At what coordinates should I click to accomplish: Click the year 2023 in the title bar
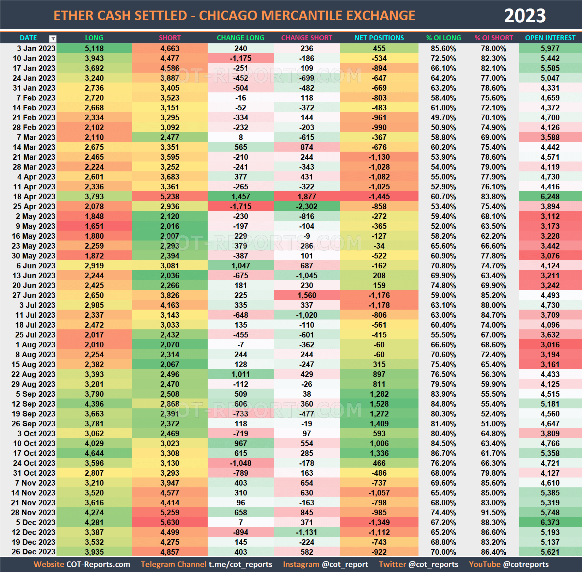524,16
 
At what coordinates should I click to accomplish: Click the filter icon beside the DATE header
53,38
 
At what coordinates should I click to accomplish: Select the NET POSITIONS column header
379,38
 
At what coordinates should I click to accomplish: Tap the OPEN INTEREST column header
550,38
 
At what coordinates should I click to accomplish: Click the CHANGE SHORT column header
307,38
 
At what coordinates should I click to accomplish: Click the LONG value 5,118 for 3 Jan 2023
94,48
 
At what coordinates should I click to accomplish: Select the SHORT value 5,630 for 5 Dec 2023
170,522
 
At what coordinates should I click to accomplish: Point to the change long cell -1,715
240,206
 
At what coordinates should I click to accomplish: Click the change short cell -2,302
307,206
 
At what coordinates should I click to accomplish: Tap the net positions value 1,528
379,404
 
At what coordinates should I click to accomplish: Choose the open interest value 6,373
550,522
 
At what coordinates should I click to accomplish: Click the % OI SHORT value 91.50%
493,512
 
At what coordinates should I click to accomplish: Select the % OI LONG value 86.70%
443,453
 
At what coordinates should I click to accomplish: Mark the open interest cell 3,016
550,345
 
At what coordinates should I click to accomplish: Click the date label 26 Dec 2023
34,552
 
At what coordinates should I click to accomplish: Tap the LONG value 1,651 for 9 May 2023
94,226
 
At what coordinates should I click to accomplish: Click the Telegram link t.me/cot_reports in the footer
240,564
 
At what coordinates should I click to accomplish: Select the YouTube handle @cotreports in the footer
526,564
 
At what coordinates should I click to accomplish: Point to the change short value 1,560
307,295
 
